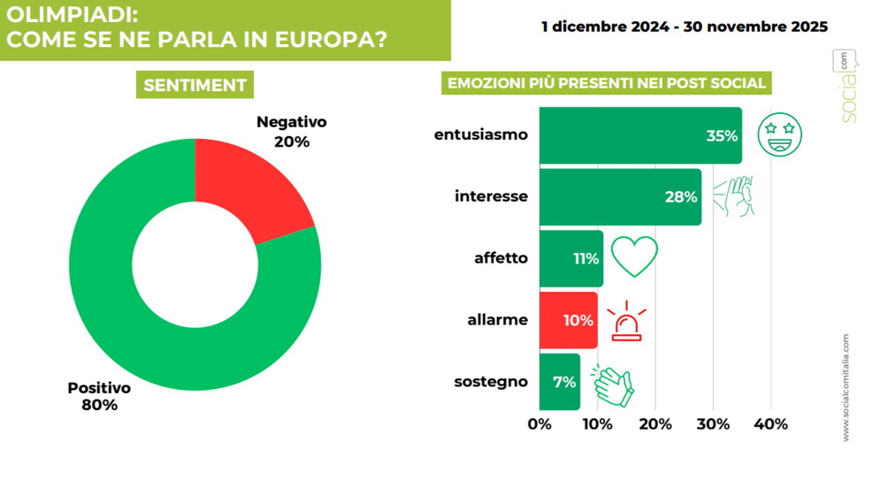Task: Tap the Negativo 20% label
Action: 291,131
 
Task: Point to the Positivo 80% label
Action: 99,396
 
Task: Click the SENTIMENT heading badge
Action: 194,85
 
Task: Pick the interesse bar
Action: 619,197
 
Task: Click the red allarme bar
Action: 568,320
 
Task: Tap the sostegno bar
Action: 559,382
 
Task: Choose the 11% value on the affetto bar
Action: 585,259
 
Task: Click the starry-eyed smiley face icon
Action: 780,135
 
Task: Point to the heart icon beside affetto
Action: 634,256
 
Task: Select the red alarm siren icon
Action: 629,320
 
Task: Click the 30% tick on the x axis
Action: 713,424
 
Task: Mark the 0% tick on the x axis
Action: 539,424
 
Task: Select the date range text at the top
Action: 685,27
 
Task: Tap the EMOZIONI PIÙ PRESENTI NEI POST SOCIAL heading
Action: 606,84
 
